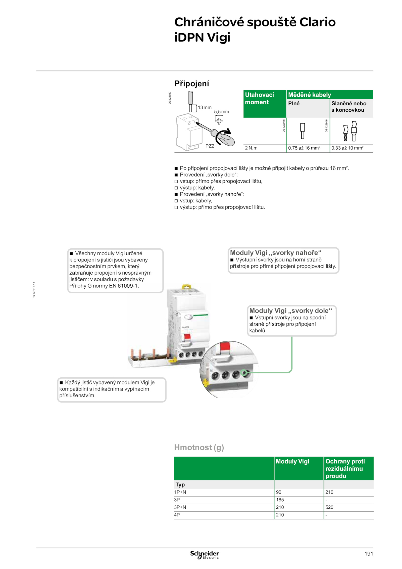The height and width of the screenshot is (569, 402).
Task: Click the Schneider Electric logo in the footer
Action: click(x=205, y=555)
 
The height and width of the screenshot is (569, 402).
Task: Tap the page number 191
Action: click(x=369, y=554)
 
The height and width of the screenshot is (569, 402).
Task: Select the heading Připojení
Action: click(x=192, y=83)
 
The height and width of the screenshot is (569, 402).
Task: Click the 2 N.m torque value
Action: click(x=251, y=148)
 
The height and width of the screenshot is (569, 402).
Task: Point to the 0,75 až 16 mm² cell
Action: click(x=304, y=148)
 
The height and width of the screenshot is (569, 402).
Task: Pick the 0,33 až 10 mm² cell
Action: click(x=347, y=148)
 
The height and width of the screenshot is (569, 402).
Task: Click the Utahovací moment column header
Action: click(x=259, y=98)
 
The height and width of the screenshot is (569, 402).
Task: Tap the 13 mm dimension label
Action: click(x=205, y=107)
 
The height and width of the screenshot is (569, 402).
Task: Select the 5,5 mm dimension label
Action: click(x=222, y=112)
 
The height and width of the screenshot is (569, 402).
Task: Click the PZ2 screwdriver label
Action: click(x=210, y=146)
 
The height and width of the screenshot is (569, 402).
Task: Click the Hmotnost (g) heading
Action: click(x=199, y=447)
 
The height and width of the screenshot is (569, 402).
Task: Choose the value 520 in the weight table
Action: click(x=329, y=507)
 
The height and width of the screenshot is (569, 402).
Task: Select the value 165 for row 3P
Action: click(x=280, y=500)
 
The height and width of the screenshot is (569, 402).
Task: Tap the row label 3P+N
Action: click(x=180, y=507)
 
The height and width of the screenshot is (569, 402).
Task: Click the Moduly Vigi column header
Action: click(x=292, y=461)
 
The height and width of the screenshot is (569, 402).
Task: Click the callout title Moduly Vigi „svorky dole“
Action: click(x=291, y=311)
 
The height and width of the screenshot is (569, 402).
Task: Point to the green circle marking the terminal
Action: click(x=244, y=373)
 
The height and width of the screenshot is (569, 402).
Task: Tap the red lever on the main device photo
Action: click(x=187, y=337)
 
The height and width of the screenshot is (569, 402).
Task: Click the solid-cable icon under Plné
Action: click(x=303, y=131)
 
